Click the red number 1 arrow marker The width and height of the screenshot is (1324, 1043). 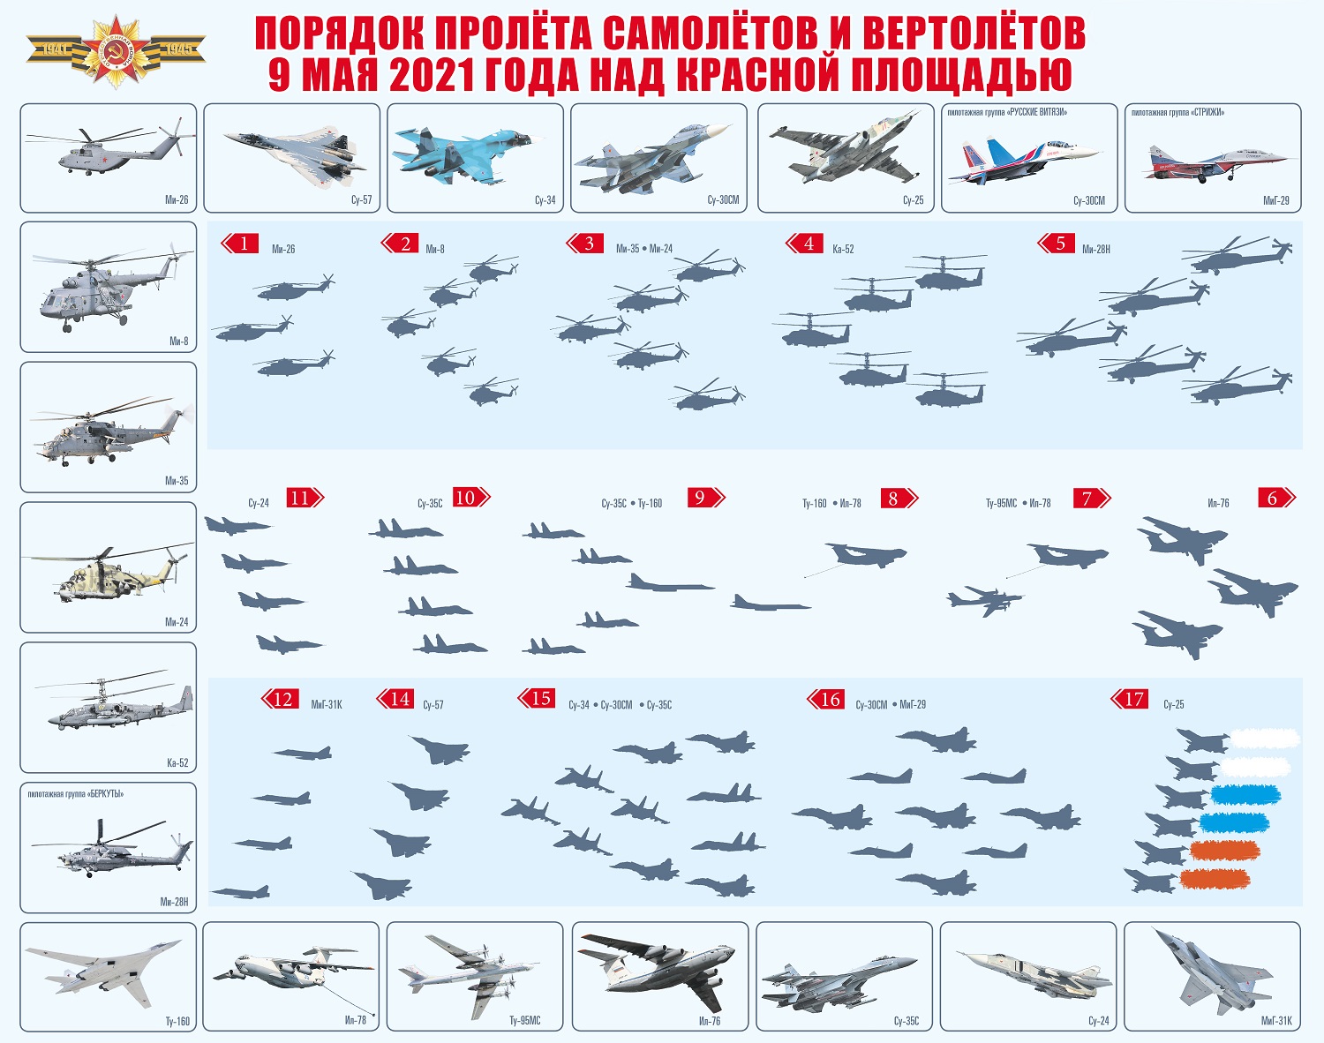(240, 244)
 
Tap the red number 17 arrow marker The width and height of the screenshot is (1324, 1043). (1130, 699)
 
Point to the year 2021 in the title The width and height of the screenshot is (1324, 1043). (432, 74)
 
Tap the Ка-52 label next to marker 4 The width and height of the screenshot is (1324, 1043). (843, 249)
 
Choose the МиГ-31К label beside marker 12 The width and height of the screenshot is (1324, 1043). (326, 705)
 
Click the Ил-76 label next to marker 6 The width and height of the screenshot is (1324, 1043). (1218, 503)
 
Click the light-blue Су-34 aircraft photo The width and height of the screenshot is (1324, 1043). (469, 155)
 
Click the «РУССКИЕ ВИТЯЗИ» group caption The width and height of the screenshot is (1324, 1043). (1007, 113)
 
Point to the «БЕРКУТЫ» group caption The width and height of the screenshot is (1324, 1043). (76, 794)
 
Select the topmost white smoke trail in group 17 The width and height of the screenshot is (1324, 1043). (1265, 739)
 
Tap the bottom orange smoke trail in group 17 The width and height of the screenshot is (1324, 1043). (1215, 879)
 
